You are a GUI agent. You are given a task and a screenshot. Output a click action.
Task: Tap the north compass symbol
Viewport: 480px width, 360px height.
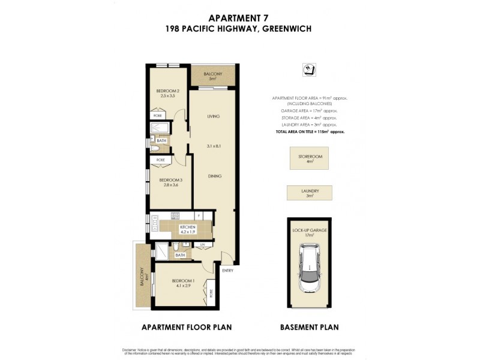(310, 70)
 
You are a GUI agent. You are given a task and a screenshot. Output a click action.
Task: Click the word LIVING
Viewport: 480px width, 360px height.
(213, 116)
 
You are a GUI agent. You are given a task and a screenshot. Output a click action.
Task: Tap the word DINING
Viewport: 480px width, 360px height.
(215, 176)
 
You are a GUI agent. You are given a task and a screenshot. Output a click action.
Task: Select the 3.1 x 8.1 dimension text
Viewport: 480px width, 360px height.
(214, 146)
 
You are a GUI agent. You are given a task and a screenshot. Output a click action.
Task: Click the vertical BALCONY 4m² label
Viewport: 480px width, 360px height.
(143, 277)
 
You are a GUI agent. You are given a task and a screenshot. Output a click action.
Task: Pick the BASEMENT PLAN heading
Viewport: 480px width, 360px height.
(310, 327)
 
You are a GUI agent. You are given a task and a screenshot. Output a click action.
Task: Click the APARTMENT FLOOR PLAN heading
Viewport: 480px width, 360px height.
(186, 327)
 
